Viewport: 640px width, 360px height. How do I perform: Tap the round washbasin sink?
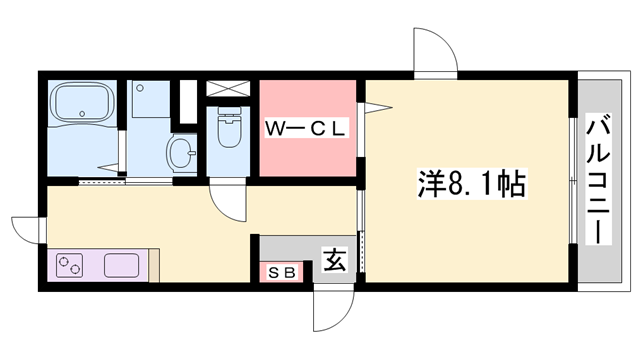[180, 154]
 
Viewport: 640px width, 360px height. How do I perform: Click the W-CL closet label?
[305, 127]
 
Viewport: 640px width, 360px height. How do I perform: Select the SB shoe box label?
[280, 272]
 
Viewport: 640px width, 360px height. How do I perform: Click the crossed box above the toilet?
[226, 86]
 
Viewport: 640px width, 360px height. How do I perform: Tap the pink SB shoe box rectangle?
[280, 272]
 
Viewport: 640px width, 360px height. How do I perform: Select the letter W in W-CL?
[273, 127]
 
